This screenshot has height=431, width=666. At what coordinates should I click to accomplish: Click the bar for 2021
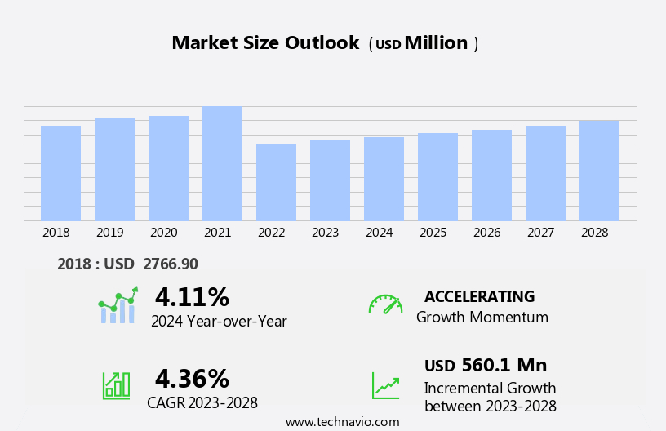tap(222, 164)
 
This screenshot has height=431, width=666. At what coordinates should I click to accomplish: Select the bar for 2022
tap(276, 182)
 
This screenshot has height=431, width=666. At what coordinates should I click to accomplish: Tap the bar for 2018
tap(60, 173)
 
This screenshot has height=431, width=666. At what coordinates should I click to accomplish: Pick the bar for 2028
tap(599, 171)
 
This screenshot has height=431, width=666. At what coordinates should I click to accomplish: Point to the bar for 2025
tap(437, 176)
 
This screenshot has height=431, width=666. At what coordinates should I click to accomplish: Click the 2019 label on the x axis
tap(109, 233)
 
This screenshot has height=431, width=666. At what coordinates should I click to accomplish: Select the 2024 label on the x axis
tap(379, 233)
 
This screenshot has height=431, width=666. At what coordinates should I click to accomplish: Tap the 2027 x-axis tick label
tap(540, 233)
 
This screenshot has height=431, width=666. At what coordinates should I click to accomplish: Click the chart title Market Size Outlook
tap(265, 43)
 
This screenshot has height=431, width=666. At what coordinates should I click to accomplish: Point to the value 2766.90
tap(171, 264)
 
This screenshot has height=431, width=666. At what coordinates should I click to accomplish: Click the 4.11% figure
tap(192, 297)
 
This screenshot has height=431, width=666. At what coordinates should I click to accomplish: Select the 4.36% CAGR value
tap(192, 379)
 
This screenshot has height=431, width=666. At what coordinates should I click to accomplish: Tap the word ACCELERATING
tap(479, 296)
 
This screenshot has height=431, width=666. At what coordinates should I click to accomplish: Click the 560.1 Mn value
tap(504, 365)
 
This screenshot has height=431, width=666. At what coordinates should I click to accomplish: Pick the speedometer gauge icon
tap(385, 304)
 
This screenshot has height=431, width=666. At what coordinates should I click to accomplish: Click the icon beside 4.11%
tap(118, 305)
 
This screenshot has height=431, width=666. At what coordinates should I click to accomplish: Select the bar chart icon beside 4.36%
tap(116, 384)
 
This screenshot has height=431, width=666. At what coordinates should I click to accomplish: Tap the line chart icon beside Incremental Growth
tap(385, 385)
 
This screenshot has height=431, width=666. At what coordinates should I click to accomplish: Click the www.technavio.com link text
tap(342, 422)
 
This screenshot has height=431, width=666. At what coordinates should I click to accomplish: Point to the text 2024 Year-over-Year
tap(219, 322)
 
